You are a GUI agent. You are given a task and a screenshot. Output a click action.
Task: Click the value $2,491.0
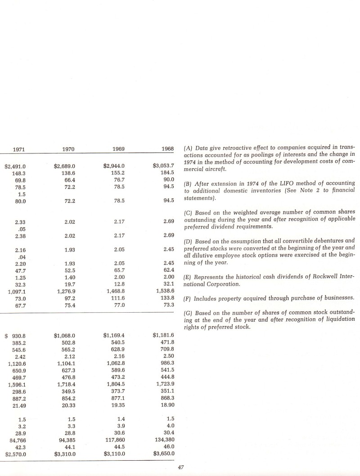click(15, 166)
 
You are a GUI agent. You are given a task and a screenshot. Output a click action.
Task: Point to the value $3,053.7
click(164, 166)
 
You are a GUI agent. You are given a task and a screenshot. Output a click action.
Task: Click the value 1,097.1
click(17, 279)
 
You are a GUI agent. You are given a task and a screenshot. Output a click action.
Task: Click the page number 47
click(182, 468)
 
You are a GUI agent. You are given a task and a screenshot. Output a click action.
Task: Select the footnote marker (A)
click(189, 148)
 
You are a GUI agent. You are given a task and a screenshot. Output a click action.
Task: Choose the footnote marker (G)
click(189, 312)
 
